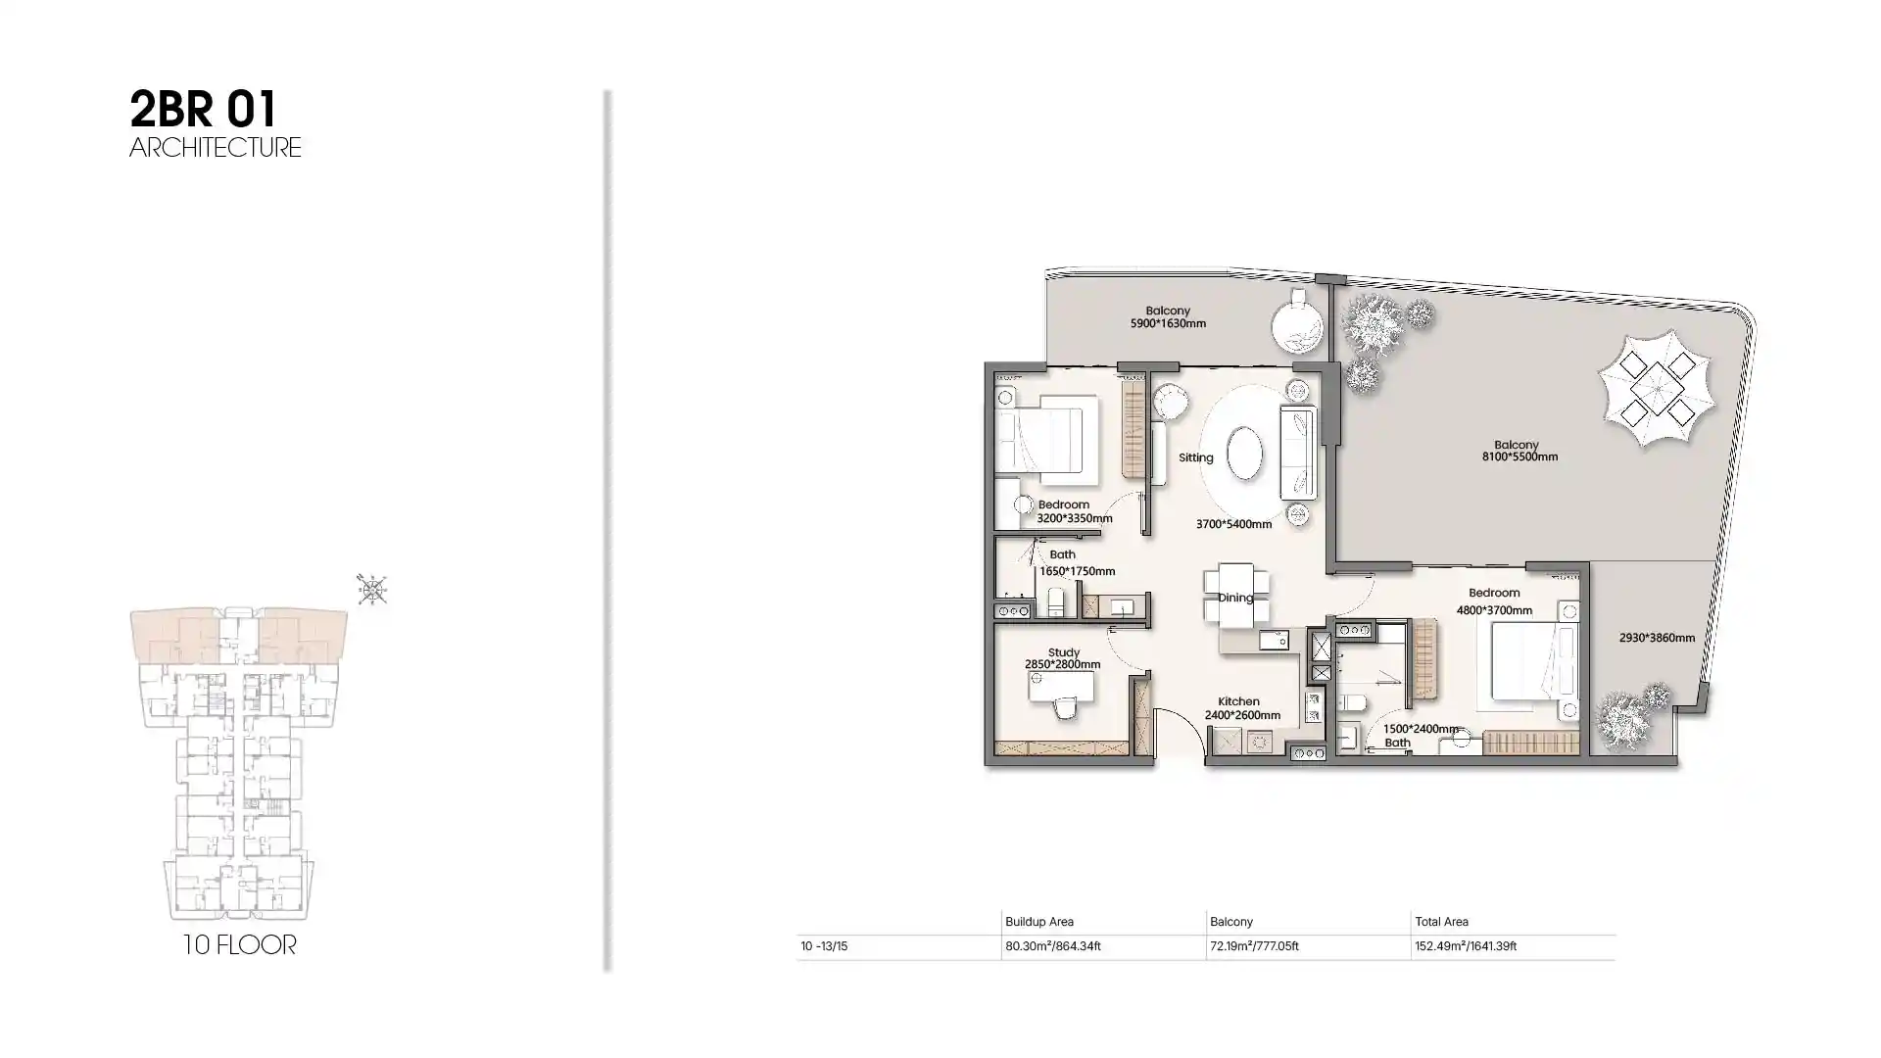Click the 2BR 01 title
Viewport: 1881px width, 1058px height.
click(x=203, y=110)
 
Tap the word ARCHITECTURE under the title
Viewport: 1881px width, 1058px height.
click(x=216, y=148)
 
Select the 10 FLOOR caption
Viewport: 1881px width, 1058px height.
click(x=239, y=945)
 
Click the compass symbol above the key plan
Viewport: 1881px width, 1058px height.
click(x=371, y=589)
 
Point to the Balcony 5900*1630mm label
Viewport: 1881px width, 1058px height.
click(x=1168, y=317)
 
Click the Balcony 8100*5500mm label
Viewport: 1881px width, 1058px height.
click(x=1519, y=451)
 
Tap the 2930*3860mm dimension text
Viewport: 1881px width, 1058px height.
click(x=1657, y=638)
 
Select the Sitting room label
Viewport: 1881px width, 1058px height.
click(x=1195, y=457)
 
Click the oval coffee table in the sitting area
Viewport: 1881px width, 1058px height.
click(x=1244, y=453)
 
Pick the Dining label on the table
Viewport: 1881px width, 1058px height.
click(x=1235, y=598)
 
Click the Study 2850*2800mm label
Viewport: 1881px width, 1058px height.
click(x=1063, y=658)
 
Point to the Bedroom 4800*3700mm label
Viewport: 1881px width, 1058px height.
click(x=1494, y=601)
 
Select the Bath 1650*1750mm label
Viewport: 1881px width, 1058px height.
click(x=1077, y=562)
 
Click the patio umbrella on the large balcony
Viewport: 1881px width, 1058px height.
click(x=1657, y=389)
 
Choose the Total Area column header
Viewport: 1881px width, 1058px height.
click(x=1441, y=922)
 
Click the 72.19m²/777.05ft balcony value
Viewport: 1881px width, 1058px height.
click(x=1254, y=946)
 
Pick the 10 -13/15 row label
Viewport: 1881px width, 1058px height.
click(x=824, y=946)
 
